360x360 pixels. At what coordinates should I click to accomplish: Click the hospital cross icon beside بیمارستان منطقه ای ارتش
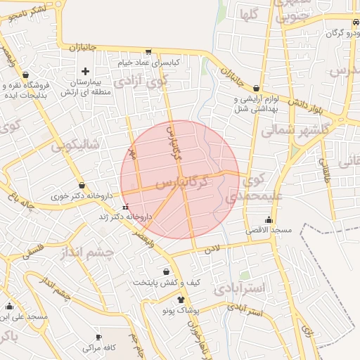[x=86, y=71]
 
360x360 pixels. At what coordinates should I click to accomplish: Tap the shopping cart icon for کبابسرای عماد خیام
[x=148, y=51]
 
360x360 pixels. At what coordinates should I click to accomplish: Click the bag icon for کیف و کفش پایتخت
[x=166, y=271]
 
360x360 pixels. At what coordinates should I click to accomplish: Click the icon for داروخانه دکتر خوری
[x=82, y=186]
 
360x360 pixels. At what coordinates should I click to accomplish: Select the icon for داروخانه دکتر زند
[x=125, y=207]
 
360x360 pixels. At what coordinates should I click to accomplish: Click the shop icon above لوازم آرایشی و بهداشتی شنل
[x=256, y=89]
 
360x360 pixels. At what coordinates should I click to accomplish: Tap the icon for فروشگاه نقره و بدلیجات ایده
[x=26, y=74]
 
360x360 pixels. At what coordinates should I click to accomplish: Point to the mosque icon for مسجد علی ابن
[x=9, y=306]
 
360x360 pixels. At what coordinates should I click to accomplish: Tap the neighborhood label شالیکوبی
[x=77, y=146]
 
